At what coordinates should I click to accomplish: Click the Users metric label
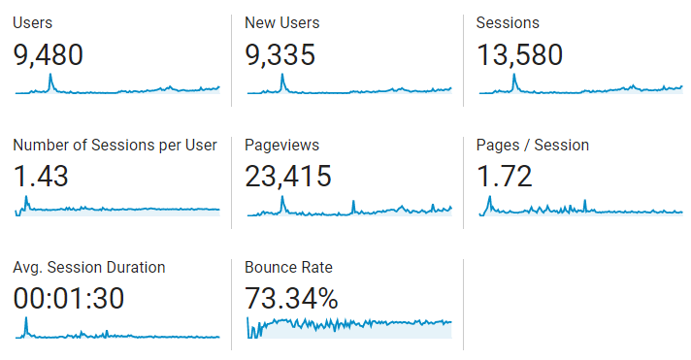point(33,22)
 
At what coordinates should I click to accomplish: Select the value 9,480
point(49,55)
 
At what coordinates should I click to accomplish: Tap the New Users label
point(281,22)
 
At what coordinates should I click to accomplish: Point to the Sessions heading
point(508,22)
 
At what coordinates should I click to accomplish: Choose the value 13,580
point(519,55)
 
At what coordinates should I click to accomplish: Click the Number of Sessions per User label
point(115,146)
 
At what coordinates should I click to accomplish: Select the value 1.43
point(41,177)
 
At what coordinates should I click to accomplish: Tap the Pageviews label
point(281,146)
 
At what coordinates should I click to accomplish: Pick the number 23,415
point(288,177)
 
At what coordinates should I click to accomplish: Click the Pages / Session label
point(532,146)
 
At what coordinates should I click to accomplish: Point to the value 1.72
point(505,177)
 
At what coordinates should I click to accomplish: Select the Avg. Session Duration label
point(89,267)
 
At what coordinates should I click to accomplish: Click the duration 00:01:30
point(69,299)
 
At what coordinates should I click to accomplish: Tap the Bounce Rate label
point(288,267)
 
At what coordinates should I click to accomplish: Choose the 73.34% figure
point(291,299)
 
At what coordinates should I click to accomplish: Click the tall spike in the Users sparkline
point(50,78)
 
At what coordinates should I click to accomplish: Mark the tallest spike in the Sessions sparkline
point(514,78)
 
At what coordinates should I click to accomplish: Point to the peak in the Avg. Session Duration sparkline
point(26,321)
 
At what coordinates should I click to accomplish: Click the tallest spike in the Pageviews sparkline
point(282,200)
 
